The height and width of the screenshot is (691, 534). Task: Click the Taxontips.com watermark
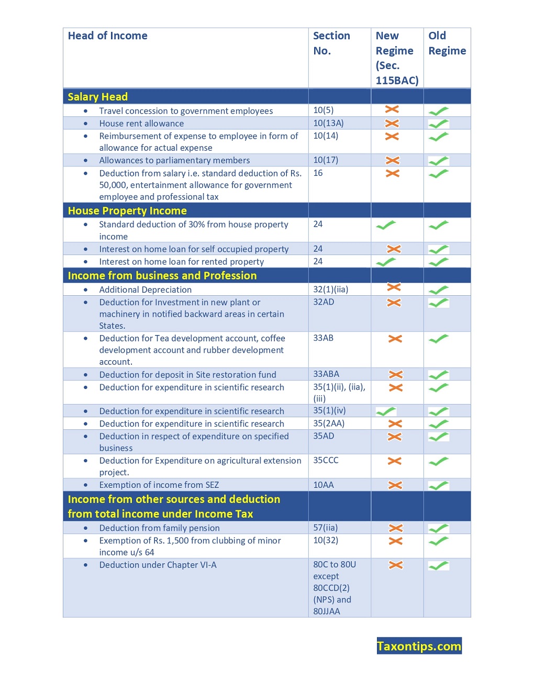coord(419,646)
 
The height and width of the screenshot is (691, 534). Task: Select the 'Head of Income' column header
coord(107,36)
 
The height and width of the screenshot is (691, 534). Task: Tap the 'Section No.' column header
coord(331,43)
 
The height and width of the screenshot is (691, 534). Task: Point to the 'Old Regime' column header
coord(447,43)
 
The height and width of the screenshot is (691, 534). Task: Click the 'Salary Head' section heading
coord(98,97)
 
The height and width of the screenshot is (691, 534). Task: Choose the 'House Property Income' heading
coord(127,210)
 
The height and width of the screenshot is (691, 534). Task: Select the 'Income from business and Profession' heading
coord(162,275)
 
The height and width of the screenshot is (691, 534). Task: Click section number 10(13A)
coord(328,123)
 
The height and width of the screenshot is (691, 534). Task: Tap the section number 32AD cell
coord(324,302)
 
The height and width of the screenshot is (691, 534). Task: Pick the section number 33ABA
coord(326,374)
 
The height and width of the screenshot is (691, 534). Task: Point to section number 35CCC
coord(326,460)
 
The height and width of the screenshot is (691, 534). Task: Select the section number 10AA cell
coord(324,485)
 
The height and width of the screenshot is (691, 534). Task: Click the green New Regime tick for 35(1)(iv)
coord(386,411)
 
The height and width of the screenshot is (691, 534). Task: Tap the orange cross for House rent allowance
coord(392,124)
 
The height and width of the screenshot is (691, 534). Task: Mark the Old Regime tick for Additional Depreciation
coord(439,289)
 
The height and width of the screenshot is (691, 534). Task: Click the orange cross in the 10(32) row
coord(396,541)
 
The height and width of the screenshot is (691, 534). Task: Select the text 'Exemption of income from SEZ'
coord(159,485)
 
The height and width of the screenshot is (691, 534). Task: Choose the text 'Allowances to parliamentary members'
coord(174,160)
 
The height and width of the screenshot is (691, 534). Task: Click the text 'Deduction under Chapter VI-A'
coord(158,565)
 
